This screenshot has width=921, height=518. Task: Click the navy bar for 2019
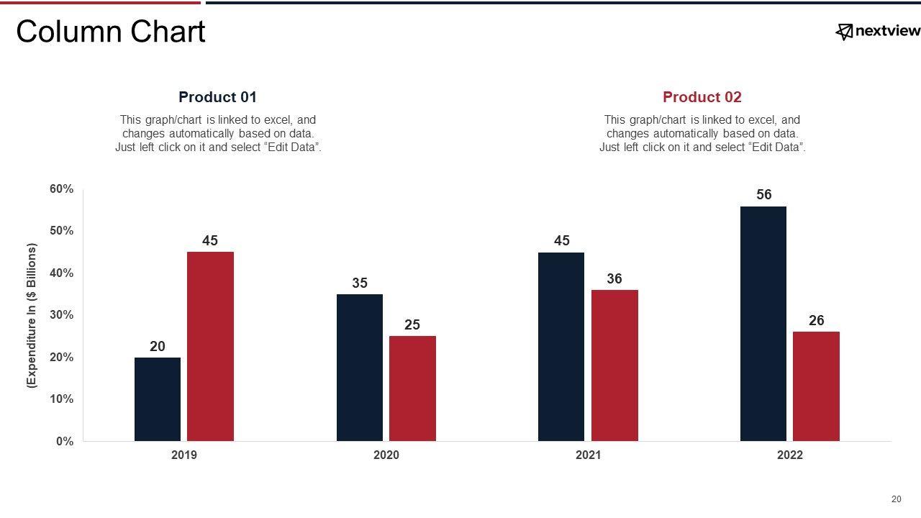pos(158,399)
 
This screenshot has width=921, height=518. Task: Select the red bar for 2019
pos(210,346)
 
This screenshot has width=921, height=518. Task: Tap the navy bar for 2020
pos(360,368)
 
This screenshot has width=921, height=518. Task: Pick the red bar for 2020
pos(412,388)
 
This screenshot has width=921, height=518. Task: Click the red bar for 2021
pos(614,365)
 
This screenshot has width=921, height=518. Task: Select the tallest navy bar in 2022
pos(763,324)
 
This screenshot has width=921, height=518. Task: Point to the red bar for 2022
pos(816,386)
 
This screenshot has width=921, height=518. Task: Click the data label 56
pos(764,195)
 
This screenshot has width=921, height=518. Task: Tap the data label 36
pos(614,279)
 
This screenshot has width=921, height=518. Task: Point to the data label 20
pos(158,347)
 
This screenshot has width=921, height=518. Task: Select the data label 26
pos(816,321)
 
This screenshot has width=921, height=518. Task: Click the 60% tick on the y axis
pos(61,189)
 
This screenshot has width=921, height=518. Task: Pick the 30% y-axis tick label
pos(61,315)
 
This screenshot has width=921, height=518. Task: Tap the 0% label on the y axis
pos(64,442)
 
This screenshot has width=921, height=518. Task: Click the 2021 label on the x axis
pos(588,455)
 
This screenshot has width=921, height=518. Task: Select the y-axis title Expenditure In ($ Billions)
pos(32,317)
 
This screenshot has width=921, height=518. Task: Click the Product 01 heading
pos(217,97)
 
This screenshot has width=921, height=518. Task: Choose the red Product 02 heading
pos(702,97)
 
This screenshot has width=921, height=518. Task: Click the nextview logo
pos(877,31)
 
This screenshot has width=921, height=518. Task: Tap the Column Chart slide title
pos(111,32)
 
